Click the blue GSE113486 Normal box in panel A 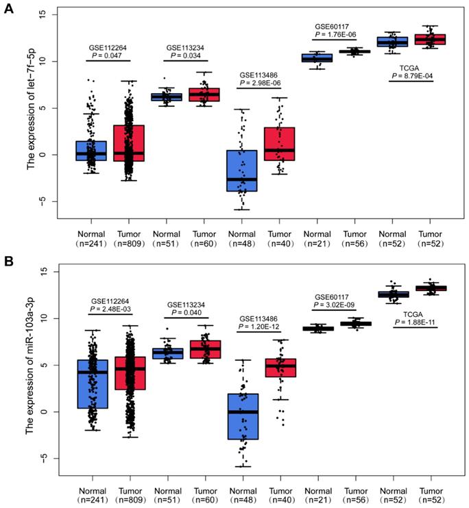click(x=243, y=170)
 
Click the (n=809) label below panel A click(x=130, y=242)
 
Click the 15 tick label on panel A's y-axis click(x=43, y=14)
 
